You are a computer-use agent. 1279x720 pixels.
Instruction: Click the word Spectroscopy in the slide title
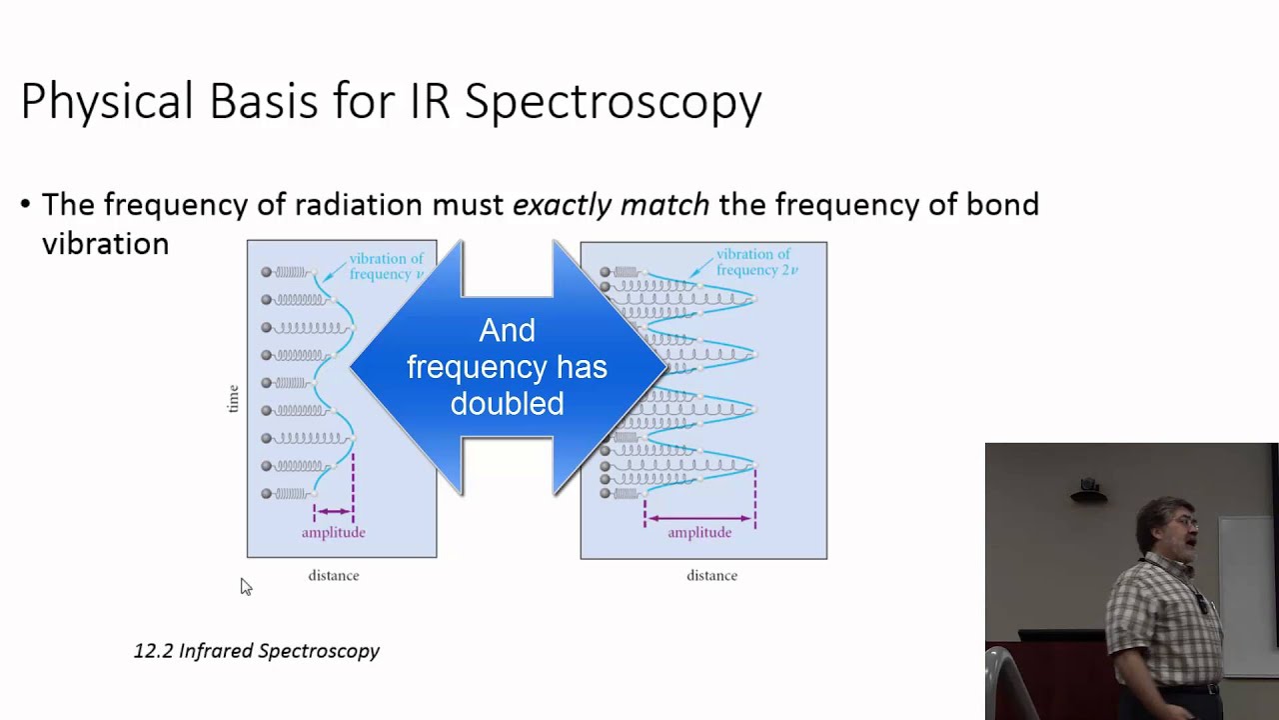coord(613,102)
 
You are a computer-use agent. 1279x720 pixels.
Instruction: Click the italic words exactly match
coord(611,205)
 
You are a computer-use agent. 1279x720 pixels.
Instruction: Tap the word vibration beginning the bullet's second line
coord(105,244)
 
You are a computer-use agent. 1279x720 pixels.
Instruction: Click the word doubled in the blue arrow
coord(507,403)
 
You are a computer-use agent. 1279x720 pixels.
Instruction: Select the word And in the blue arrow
coord(507,330)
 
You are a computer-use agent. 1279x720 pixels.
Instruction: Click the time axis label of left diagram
coord(233,398)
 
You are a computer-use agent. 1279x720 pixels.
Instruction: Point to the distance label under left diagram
coord(333,576)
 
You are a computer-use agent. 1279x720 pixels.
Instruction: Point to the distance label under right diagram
coord(711,576)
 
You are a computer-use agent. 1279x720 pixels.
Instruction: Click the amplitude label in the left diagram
coord(333,533)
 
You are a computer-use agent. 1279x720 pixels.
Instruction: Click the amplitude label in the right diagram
coord(699,533)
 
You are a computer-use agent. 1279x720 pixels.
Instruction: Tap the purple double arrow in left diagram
coord(333,511)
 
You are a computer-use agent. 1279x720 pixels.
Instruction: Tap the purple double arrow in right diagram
coord(699,518)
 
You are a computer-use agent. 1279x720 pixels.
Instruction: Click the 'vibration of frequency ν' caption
coord(386,266)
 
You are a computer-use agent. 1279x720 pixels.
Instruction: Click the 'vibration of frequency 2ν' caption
coord(755,262)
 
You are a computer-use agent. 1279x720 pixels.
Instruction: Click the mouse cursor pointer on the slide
coord(245,586)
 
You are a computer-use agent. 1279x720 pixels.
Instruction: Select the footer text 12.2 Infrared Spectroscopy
coord(256,651)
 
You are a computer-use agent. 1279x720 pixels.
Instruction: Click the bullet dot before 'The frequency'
coord(26,205)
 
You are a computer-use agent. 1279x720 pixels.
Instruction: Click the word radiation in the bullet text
coord(358,205)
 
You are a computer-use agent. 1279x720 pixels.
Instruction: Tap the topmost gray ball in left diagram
coord(267,272)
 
